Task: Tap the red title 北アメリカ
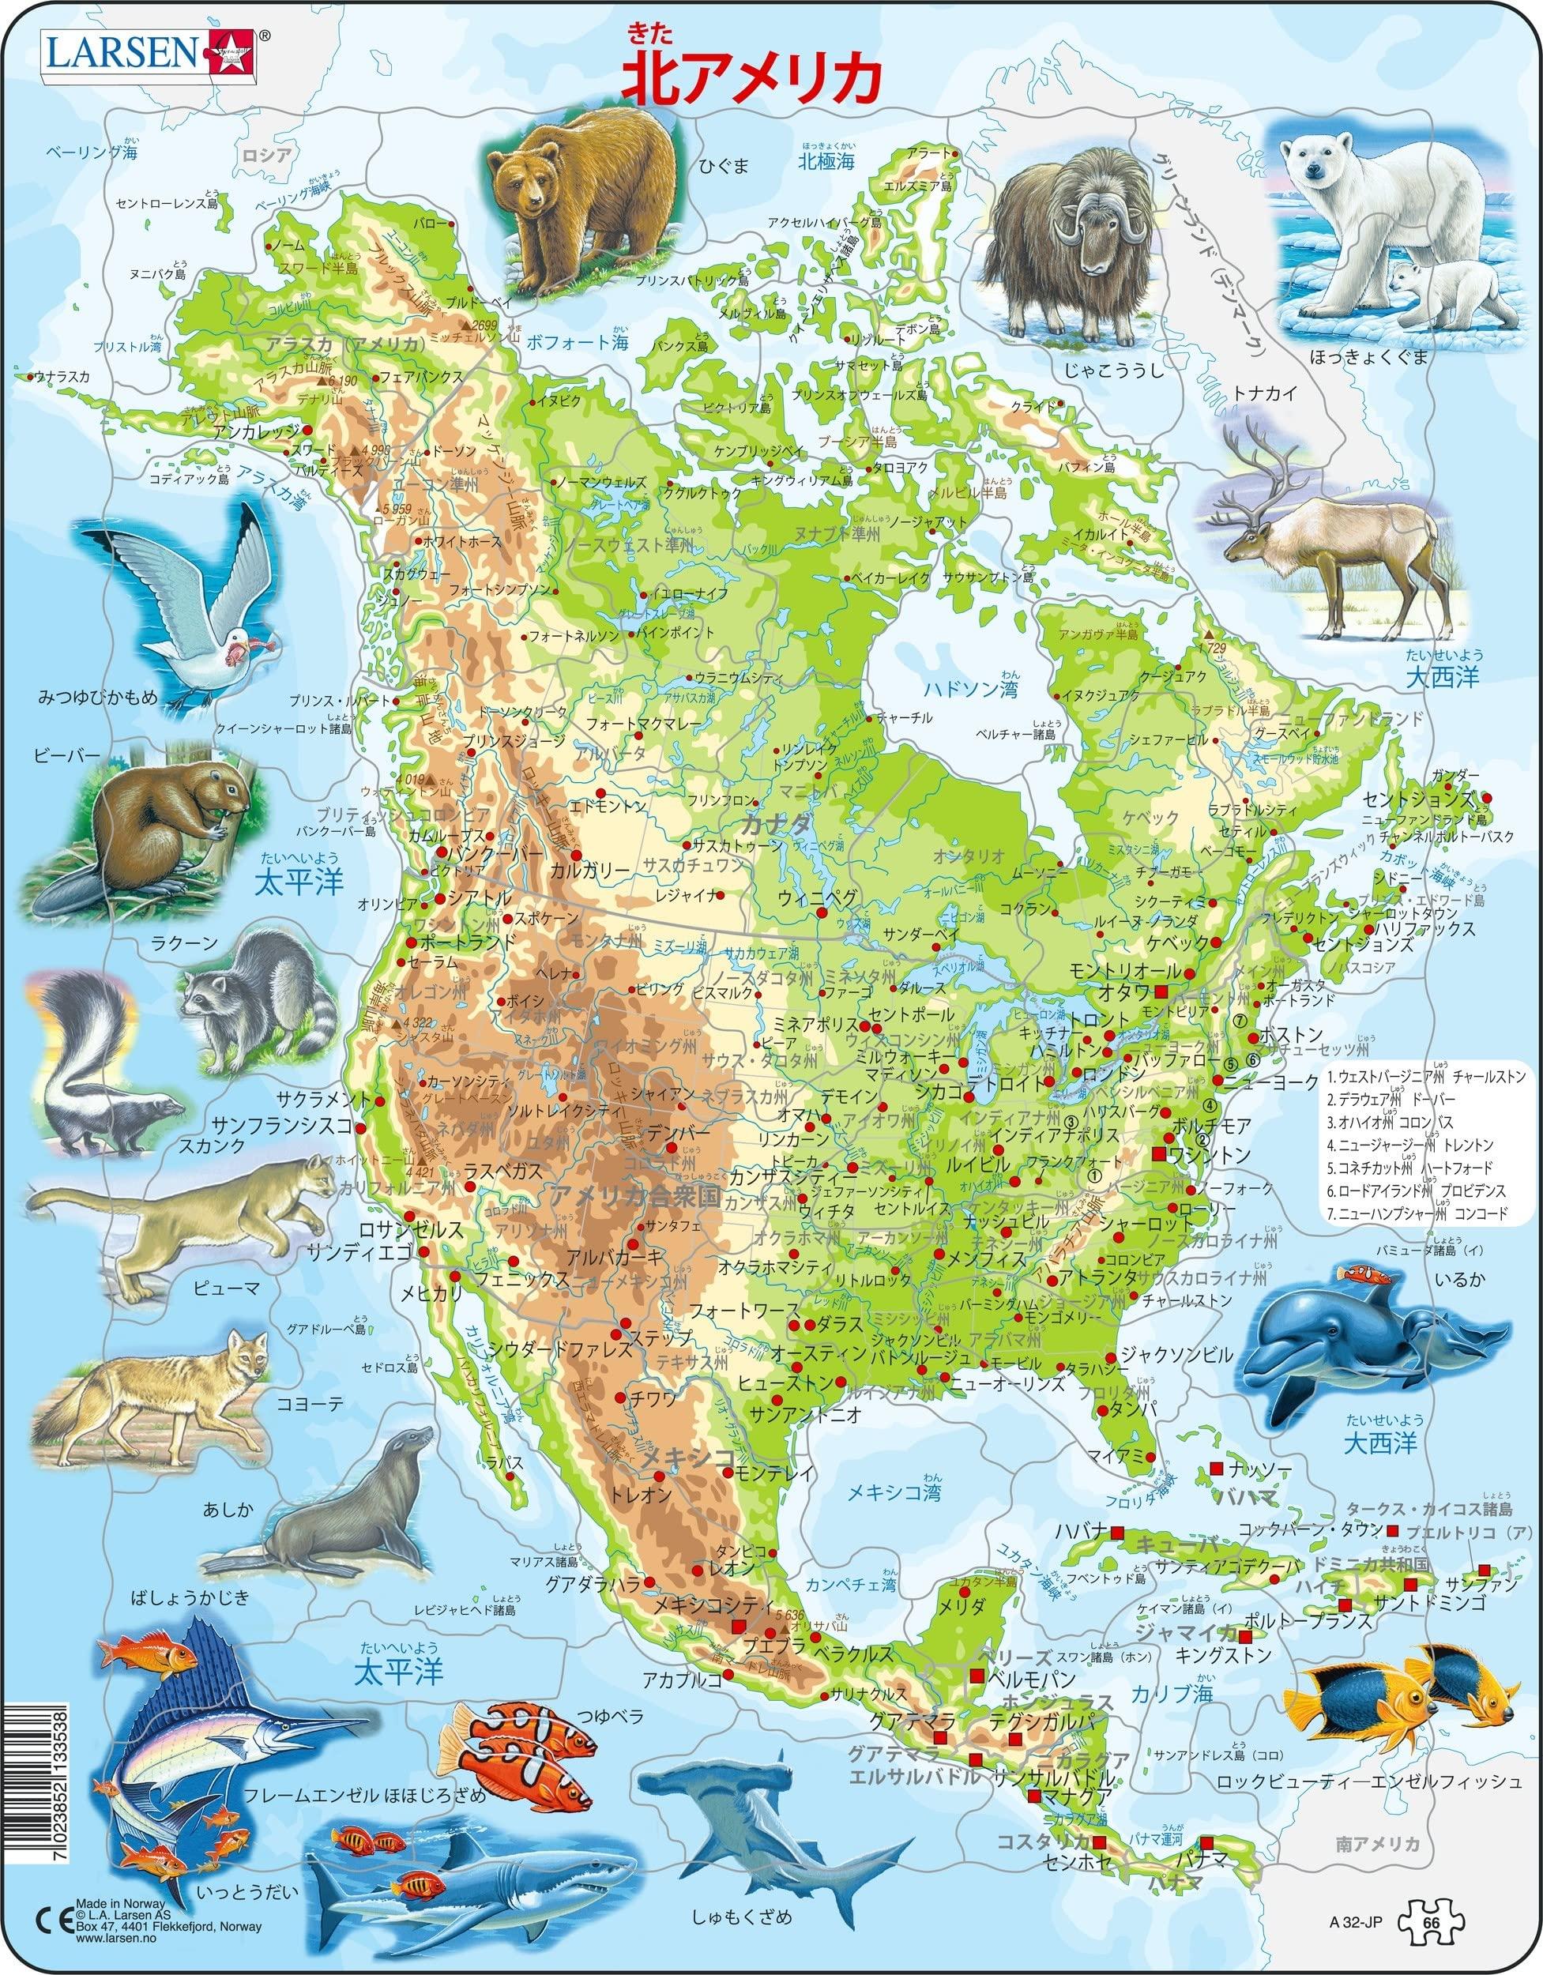pyautogui.click(x=750, y=81)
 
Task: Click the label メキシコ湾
pyautogui.click(x=894, y=1492)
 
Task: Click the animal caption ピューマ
pyautogui.click(x=226, y=1287)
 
